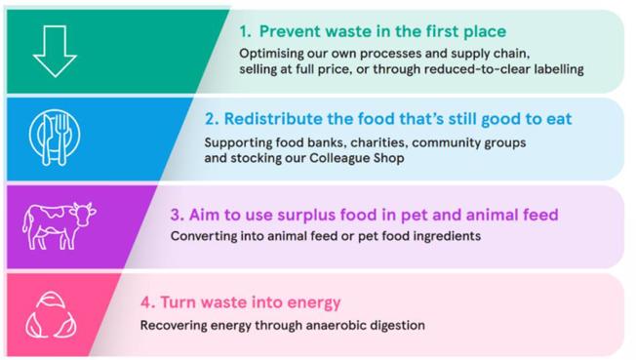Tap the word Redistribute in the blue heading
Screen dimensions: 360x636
click(274, 119)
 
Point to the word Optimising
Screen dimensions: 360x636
click(275, 54)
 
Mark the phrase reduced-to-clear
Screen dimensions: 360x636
click(499, 70)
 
